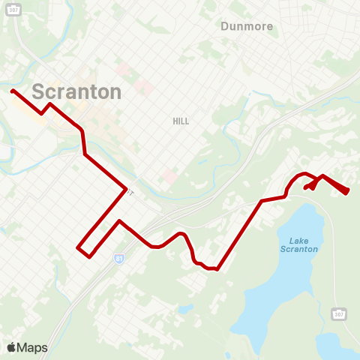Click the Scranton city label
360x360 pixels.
[x=76, y=91]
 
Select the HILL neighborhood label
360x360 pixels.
[x=181, y=121]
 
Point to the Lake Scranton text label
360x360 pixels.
[x=298, y=244]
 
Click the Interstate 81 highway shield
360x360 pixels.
[x=119, y=258]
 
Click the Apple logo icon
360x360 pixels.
[x=11, y=347]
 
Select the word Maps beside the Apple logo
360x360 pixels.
[x=32, y=347]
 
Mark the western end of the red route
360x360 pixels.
[x=12, y=91]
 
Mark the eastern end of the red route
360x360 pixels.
[x=347, y=192]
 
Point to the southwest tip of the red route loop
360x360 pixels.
[x=79, y=247]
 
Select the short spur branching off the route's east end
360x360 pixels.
[x=309, y=187]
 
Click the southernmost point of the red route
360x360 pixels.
[x=216, y=269]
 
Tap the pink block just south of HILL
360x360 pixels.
[x=171, y=175]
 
